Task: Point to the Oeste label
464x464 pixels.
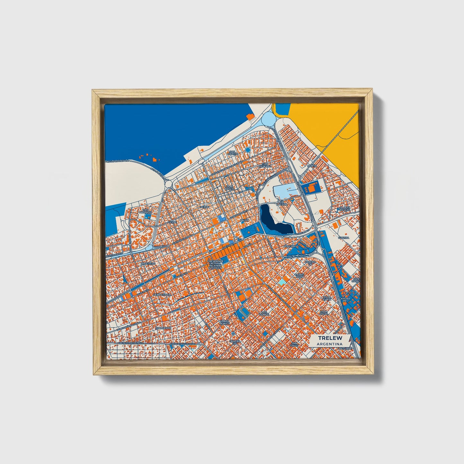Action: [172, 222]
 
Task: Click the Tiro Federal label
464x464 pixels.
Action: [265, 166]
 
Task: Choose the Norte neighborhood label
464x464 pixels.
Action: [311, 166]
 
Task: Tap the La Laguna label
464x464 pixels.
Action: [282, 203]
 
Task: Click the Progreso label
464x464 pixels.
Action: [148, 264]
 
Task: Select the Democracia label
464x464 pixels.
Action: [162, 294]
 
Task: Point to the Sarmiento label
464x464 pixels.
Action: [161, 328]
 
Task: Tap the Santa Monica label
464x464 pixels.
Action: [225, 322]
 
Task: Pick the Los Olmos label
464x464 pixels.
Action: [264, 313]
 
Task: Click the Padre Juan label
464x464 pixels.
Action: [300, 276]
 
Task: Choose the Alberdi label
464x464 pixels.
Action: [289, 246]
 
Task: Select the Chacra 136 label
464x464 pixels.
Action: [310, 263]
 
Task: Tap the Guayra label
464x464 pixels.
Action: [343, 238]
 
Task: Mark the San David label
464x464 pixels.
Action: [294, 344]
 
